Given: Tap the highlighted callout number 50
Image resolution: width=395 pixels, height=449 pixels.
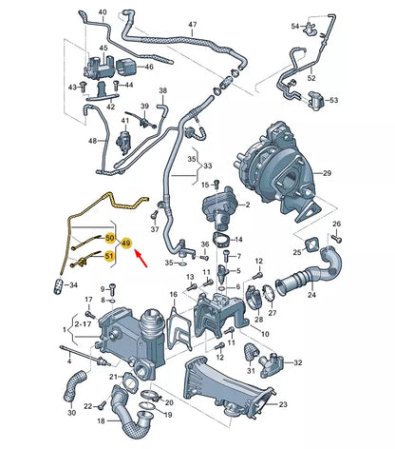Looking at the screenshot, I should point(110,236).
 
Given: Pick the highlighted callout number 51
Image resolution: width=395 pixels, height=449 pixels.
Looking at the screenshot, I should point(110,254).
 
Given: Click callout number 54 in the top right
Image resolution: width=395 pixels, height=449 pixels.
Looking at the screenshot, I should point(294,26).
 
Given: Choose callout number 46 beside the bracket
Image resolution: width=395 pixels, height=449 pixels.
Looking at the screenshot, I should point(148,68).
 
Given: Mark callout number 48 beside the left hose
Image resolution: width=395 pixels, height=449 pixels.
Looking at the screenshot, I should point(93,140).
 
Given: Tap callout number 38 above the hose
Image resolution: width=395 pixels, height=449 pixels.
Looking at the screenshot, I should point(162,90).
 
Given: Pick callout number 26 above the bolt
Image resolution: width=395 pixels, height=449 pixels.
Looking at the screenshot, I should point(336,224).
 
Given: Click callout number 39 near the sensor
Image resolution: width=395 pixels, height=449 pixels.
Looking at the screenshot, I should point(145,106).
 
